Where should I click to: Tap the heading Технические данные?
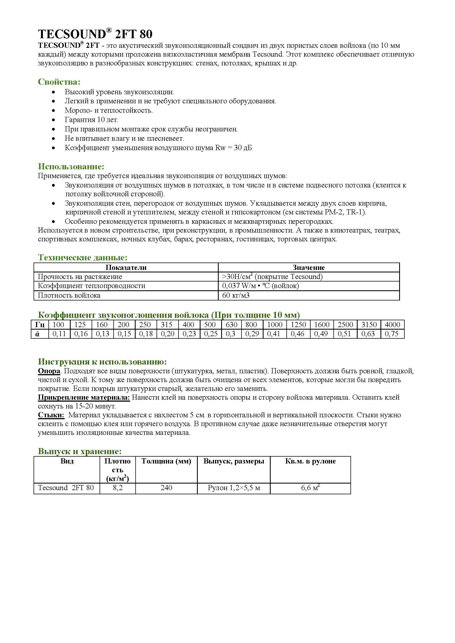pos(83,257)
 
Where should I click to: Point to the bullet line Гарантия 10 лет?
pos(92,120)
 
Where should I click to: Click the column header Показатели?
pos(126,267)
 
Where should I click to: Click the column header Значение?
pos(308,267)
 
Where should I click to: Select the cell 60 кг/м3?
pos(236,295)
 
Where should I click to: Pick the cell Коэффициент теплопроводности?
pos(92,286)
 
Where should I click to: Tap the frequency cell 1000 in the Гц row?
pos(275,325)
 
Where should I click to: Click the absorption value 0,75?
pos(392,334)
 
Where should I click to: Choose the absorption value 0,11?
pos(59,334)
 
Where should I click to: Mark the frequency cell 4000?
pos(392,325)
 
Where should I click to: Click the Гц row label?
pos(40,325)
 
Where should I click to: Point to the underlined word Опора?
pos(49,371)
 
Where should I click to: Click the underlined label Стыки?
pos(51,415)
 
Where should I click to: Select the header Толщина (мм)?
pos(166,461)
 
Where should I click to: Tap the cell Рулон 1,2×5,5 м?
pos(234,488)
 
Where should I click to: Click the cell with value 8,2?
pos(118,488)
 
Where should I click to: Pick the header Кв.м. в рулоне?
pos(310,461)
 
